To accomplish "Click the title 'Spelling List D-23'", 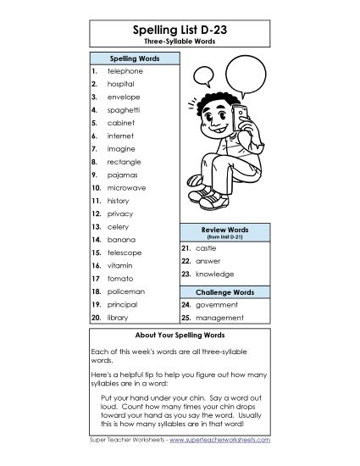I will [180, 30].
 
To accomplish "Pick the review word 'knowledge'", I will [213, 275].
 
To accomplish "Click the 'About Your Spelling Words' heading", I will [180, 335].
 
